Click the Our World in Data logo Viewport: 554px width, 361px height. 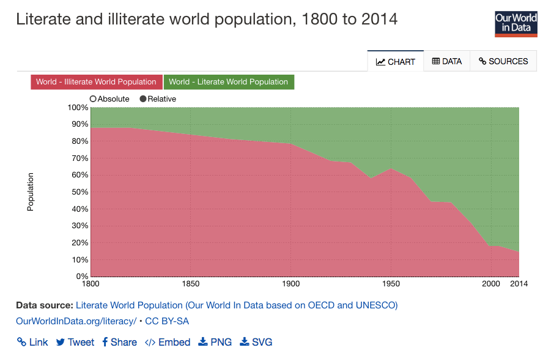point(515,23)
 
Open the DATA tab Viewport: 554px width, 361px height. point(446,61)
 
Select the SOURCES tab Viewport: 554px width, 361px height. point(503,61)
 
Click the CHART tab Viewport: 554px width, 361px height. point(396,61)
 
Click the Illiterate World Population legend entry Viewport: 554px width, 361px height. point(96,82)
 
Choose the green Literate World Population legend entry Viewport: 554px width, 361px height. point(228,82)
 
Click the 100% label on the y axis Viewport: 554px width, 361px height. point(78,108)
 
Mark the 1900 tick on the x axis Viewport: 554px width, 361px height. point(291,284)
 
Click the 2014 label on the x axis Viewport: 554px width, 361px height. point(519,284)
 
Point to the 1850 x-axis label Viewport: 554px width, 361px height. point(191,284)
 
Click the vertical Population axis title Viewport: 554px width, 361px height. point(30,192)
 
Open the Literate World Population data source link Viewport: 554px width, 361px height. point(236,305)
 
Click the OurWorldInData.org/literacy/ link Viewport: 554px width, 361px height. point(76,321)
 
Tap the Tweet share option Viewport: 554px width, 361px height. point(75,342)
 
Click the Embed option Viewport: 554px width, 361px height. point(168,342)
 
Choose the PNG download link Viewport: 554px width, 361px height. point(215,342)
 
